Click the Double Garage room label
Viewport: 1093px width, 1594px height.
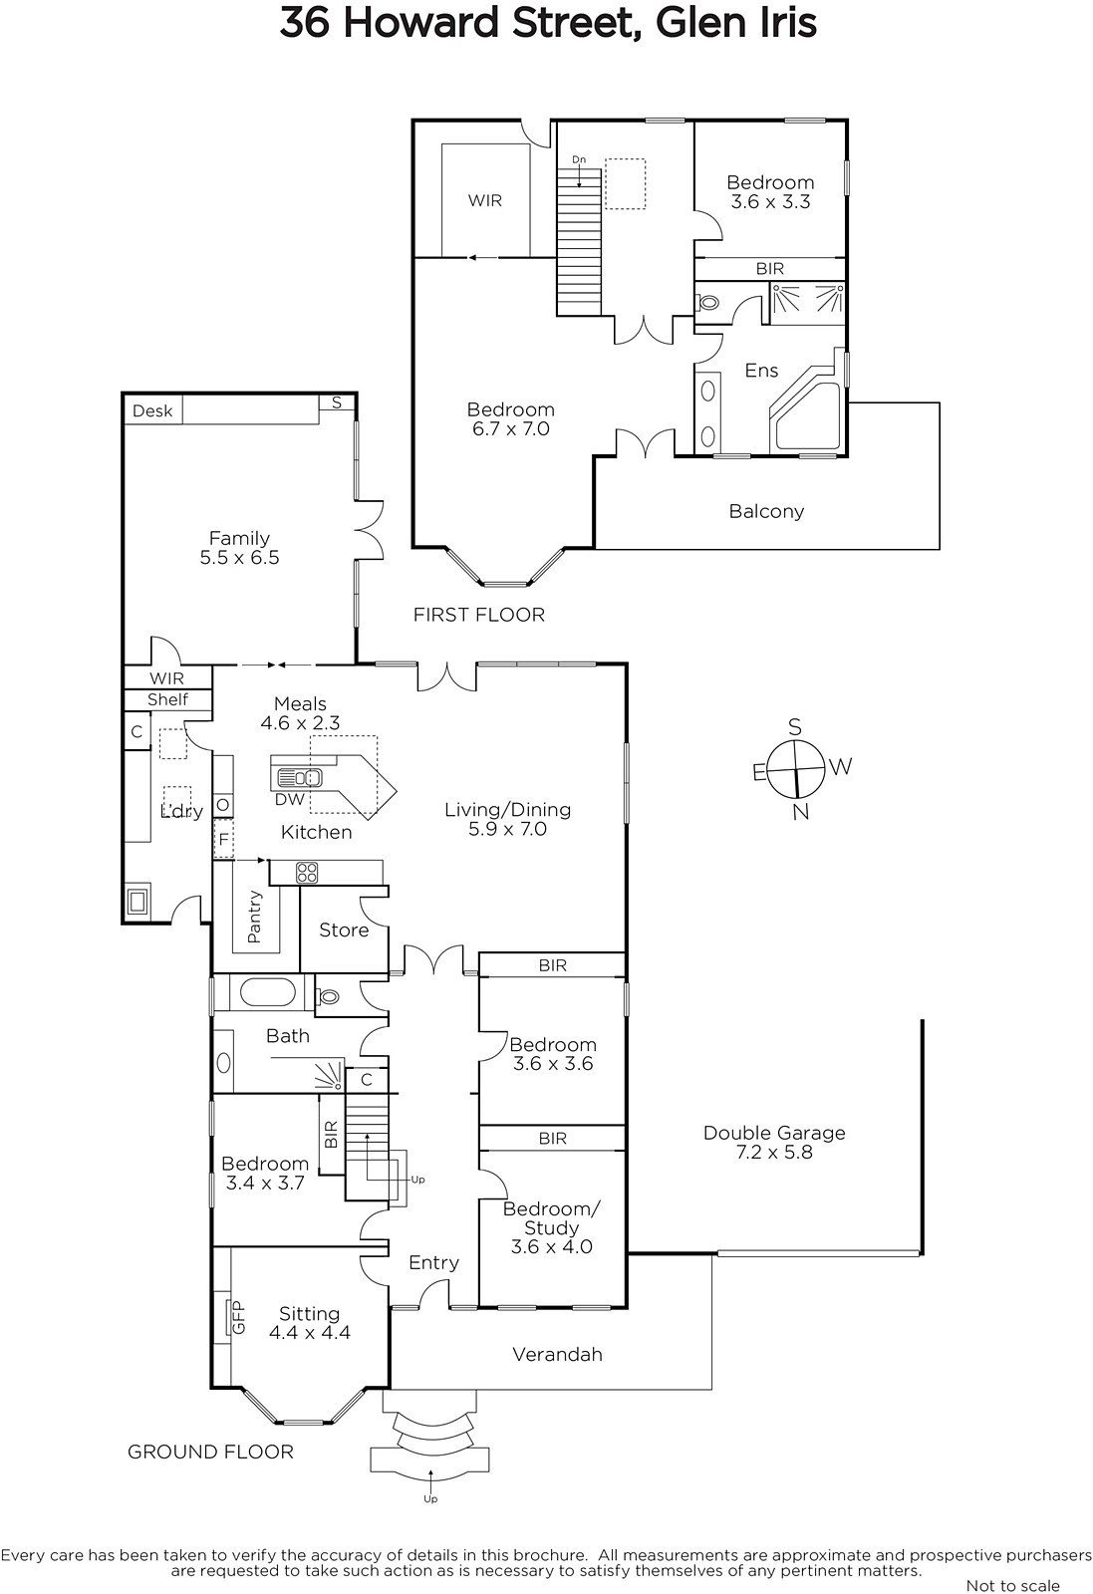tap(774, 1142)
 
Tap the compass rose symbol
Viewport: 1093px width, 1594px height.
tap(798, 768)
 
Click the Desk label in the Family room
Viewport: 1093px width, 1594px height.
tap(152, 410)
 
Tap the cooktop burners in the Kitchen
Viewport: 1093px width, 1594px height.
tap(307, 873)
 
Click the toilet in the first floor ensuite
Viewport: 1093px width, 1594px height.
tap(708, 303)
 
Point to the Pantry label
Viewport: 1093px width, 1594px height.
tap(254, 918)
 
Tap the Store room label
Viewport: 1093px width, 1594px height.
tap(344, 930)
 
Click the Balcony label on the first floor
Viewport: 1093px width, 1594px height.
tap(766, 512)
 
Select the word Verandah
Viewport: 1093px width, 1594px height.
tap(557, 1354)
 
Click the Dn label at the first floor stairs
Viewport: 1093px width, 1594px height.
tap(579, 159)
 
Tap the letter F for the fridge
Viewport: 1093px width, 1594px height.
tap(223, 840)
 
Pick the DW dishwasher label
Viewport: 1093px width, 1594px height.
tap(290, 799)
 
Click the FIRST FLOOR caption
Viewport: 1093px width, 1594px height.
tap(479, 615)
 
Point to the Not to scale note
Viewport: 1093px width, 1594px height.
tap(1012, 1585)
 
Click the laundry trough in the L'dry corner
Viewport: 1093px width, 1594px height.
tap(137, 901)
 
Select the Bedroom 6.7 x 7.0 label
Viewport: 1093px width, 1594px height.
tap(511, 419)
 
